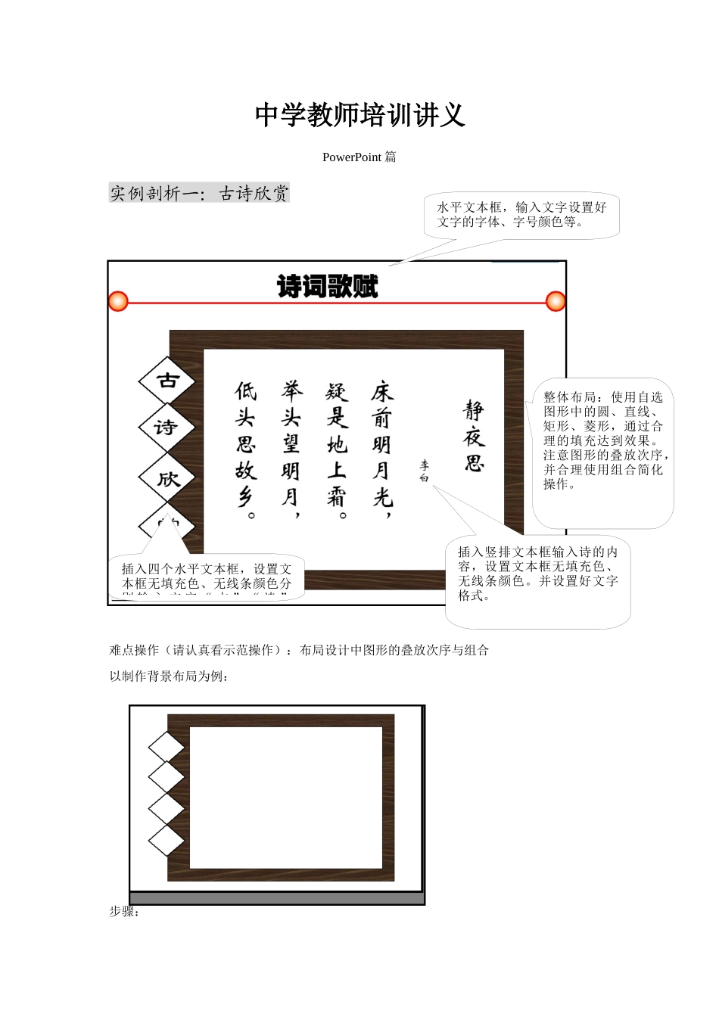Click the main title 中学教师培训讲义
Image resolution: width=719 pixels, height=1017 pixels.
(x=359, y=115)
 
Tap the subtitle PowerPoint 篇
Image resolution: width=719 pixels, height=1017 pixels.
(x=359, y=157)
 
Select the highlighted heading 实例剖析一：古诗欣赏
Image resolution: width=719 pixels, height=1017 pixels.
(x=199, y=194)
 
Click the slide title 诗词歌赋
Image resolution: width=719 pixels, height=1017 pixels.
(x=327, y=287)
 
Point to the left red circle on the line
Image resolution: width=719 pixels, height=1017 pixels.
(x=118, y=301)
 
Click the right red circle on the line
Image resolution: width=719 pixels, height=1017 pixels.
(x=556, y=301)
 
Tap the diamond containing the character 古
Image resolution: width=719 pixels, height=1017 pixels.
(x=167, y=381)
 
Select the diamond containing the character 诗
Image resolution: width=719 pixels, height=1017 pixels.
(x=167, y=428)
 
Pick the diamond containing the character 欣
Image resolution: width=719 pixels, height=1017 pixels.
(x=167, y=478)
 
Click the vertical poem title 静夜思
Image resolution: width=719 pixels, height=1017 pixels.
(x=474, y=437)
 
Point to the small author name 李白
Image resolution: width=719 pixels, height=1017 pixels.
(x=425, y=471)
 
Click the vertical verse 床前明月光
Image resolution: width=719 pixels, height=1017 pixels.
(x=382, y=444)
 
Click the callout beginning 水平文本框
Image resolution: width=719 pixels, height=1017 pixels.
(x=521, y=215)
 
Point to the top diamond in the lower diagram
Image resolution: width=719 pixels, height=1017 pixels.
(x=167, y=746)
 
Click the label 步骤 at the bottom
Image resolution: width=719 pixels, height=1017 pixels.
(x=124, y=912)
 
